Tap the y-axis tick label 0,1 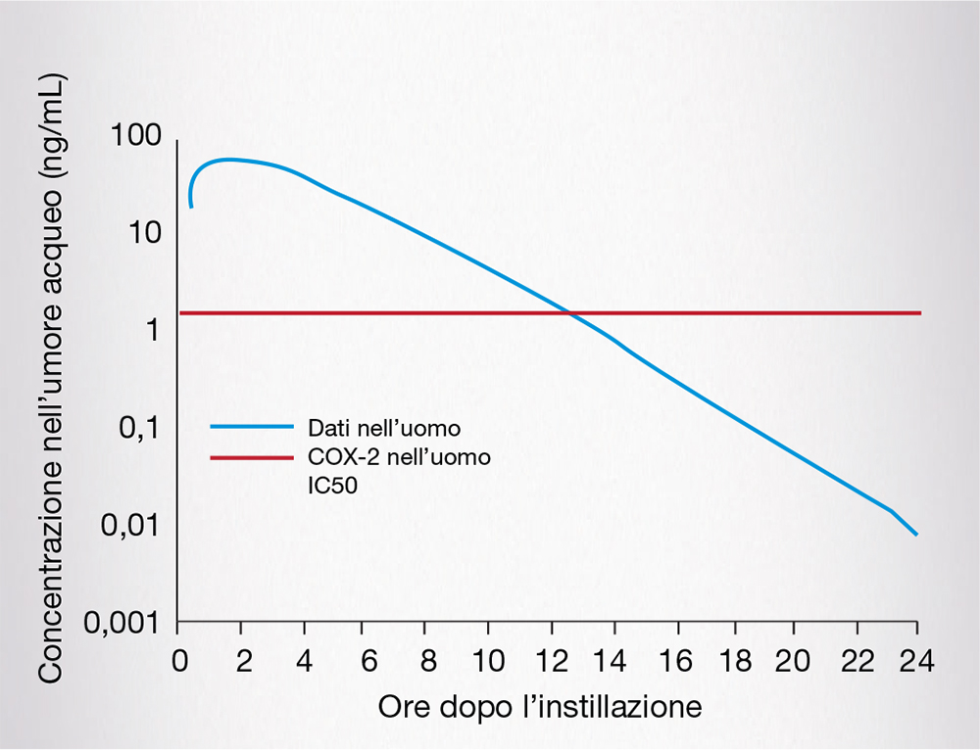coord(138,429)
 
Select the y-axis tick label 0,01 coord(129,526)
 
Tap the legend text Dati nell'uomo coord(369,428)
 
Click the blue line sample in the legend coord(252,427)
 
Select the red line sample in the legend coord(252,457)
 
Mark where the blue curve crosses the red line coord(569,313)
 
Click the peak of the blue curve coord(228,159)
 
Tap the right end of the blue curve coord(916,535)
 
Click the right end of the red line coord(920,313)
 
